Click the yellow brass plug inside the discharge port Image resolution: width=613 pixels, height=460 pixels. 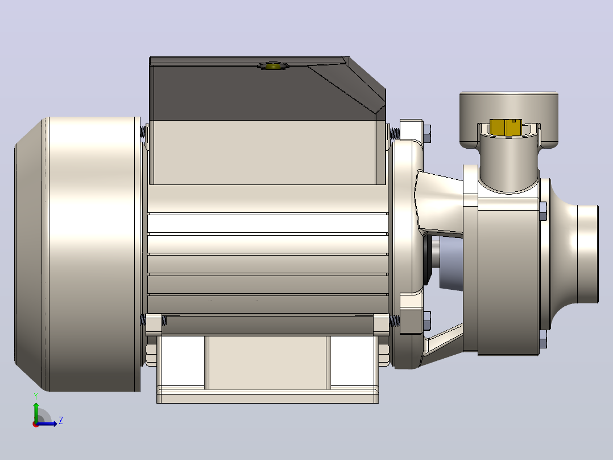[x=505, y=127]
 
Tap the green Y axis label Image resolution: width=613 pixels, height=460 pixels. [x=36, y=396]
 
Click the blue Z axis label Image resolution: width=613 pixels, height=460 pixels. [x=61, y=421]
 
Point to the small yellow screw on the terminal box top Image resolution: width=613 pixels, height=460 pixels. [x=272, y=66]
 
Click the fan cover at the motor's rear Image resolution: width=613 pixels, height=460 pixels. [x=78, y=254]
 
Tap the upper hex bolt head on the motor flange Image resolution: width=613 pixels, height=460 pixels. [x=427, y=133]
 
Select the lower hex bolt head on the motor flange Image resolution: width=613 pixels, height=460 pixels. [x=427, y=321]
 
